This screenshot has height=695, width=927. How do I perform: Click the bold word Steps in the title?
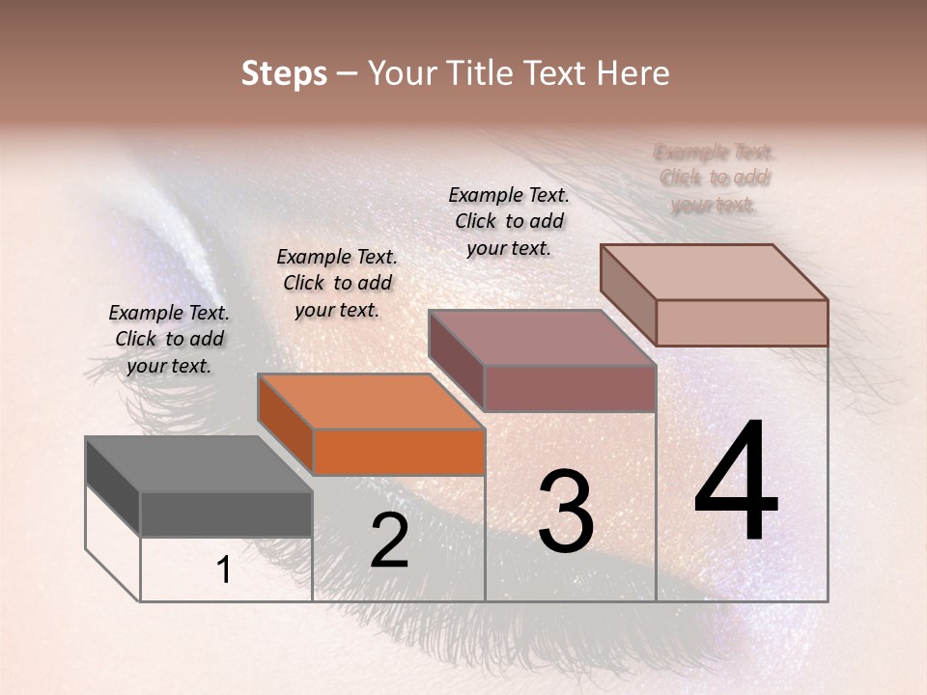[284, 73]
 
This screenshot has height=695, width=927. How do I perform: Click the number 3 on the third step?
[565, 512]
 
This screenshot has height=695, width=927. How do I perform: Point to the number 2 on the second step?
[389, 541]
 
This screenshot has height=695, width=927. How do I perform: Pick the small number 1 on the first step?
[224, 570]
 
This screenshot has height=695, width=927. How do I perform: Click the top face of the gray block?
[198, 464]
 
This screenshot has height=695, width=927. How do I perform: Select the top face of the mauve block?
[542, 338]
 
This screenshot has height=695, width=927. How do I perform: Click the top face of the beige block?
[714, 272]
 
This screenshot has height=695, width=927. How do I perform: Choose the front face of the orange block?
[399, 452]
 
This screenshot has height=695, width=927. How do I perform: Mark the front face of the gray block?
[226, 514]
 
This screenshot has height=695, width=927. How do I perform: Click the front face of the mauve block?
[570, 388]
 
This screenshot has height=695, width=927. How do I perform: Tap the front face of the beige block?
[742, 322]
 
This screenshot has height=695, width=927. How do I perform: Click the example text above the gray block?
[169, 339]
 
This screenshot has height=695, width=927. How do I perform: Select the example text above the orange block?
[337, 283]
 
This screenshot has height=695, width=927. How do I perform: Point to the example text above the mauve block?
[509, 221]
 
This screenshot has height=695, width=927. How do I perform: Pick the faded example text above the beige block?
[715, 179]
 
